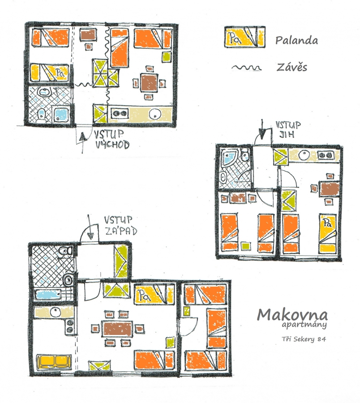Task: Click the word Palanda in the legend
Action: click(x=296, y=40)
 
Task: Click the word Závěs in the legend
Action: click(x=291, y=67)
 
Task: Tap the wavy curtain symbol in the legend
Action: click(x=246, y=68)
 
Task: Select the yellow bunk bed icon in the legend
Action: click(x=244, y=37)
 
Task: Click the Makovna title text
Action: click(x=292, y=314)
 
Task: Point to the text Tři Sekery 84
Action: click(x=304, y=339)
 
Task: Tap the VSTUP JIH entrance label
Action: click(x=288, y=129)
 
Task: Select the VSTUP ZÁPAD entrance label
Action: click(x=120, y=226)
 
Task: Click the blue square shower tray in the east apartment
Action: click(x=61, y=115)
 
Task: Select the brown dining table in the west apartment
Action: click(x=117, y=329)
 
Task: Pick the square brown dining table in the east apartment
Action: click(x=149, y=82)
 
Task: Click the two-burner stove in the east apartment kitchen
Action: click(x=120, y=113)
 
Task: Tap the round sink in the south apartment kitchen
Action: click(x=304, y=155)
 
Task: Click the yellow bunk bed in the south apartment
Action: click(x=328, y=233)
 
